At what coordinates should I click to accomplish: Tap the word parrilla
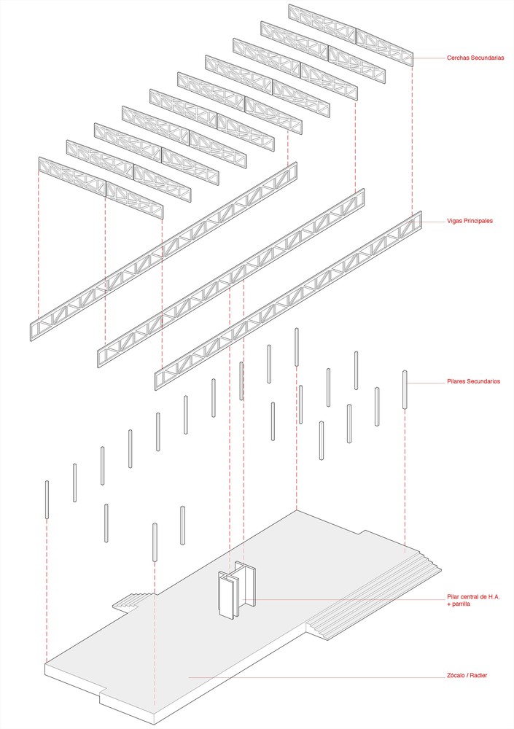coord(459,605)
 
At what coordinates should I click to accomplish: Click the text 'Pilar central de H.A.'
coord(472,597)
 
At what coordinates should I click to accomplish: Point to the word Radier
coord(479,676)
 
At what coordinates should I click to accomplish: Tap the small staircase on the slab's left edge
coord(131,601)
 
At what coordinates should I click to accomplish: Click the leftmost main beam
coord(164,252)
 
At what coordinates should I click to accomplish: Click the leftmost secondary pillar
coord(47,499)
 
